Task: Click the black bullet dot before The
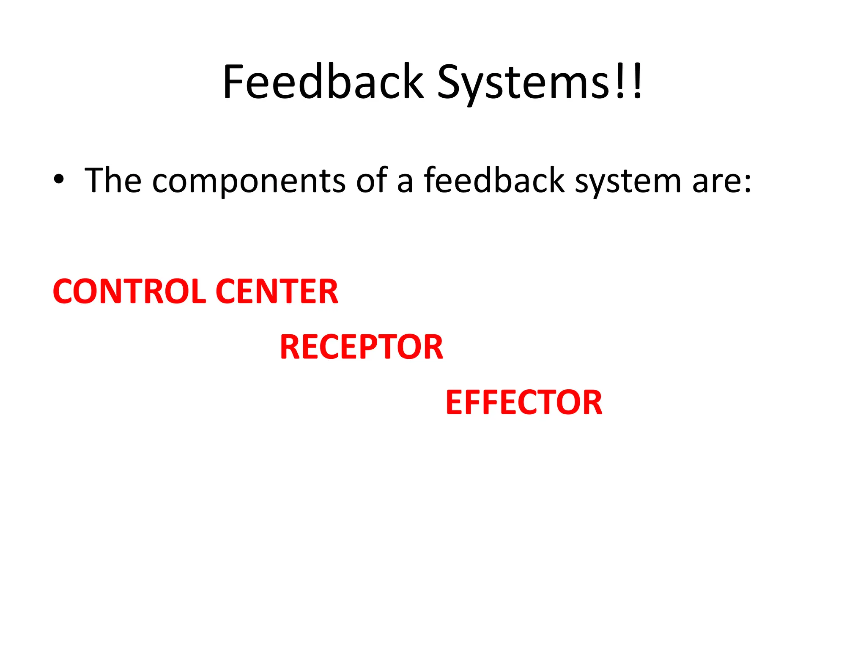click(x=59, y=179)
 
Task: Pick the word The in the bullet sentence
click(x=113, y=180)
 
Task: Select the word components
click(x=249, y=182)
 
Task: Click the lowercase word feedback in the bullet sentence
click(x=494, y=180)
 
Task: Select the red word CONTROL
click(x=129, y=292)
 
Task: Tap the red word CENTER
click(x=277, y=292)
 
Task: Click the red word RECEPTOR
click(x=362, y=347)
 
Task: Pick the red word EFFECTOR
click(x=524, y=402)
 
